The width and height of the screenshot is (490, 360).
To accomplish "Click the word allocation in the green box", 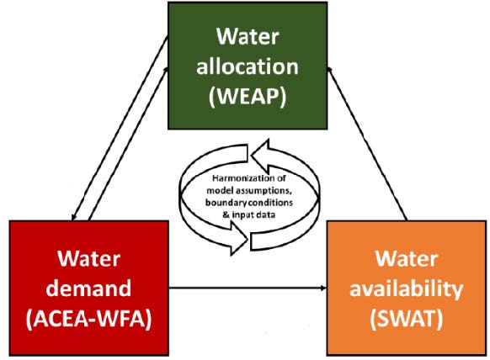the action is [x=248, y=66].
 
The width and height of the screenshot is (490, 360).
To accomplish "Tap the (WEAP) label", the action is [x=248, y=97].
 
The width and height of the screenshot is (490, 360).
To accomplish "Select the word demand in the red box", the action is [x=88, y=288].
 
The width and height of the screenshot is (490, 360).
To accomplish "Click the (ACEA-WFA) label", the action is [x=88, y=319].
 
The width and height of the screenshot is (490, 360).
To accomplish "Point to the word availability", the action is [x=407, y=289].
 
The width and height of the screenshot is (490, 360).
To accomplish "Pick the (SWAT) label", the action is [x=407, y=319].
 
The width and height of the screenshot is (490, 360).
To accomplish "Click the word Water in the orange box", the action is [x=407, y=259].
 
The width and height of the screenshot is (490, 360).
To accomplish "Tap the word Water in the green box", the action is [x=248, y=37].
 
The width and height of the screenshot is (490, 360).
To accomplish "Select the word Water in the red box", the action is [x=88, y=259].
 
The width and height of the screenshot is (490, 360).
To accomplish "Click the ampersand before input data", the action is [x=226, y=214].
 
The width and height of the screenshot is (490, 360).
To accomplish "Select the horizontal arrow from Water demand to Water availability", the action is [x=248, y=288].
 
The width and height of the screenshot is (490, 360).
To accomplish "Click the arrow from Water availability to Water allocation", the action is [x=367, y=143].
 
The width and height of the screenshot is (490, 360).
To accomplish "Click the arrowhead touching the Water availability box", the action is [x=324, y=288].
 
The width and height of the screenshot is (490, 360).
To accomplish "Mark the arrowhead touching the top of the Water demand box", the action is [x=73, y=217].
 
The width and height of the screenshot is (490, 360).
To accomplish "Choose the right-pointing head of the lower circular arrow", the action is [x=239, y=239].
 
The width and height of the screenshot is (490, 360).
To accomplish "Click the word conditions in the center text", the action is [x=270, y=203].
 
